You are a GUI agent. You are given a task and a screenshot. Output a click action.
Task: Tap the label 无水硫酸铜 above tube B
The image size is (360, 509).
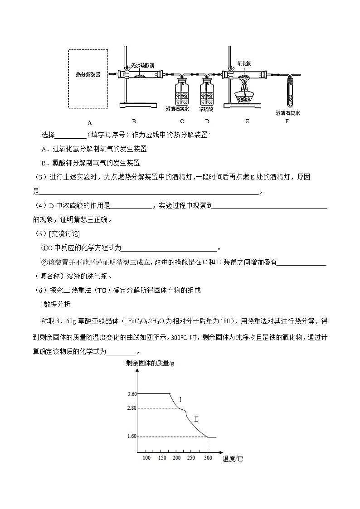[143, 65]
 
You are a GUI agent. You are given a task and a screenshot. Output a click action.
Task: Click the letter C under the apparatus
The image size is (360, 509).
[182, 121]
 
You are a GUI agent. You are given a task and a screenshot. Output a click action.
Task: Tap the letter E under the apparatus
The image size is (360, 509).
[247, 121]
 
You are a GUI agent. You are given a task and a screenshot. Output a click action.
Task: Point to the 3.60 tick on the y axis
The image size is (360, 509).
[132, 394]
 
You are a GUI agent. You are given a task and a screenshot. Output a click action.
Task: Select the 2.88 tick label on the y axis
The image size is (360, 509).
[132, 408]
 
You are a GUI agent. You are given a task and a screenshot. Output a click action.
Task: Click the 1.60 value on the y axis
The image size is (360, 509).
[132, 436]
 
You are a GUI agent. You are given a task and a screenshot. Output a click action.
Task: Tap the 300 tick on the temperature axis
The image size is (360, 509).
[208, 458]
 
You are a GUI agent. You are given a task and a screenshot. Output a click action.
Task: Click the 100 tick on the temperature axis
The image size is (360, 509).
[146, 458]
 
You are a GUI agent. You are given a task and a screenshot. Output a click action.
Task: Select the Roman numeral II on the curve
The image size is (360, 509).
[196, 419]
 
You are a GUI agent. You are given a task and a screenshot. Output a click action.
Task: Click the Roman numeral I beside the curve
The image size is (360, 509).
[180, 400]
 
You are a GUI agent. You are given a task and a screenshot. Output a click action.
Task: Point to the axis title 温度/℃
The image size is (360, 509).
[233, 459]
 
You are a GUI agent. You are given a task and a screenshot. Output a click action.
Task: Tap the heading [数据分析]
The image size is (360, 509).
[56, 304]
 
